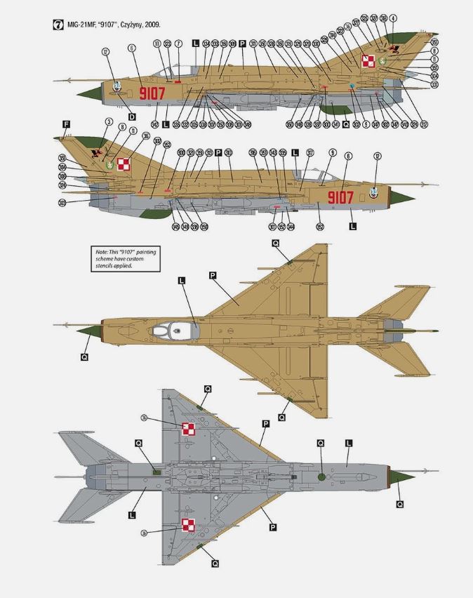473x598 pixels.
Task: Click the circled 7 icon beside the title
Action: pos(58,25)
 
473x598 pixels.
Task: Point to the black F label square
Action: pos(66,124)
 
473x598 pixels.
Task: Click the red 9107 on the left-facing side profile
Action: pos(152,93)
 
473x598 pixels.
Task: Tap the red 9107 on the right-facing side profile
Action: pos(341,198)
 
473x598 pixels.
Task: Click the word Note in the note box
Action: pos(102,251)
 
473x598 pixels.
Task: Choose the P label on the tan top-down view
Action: pos(212,276)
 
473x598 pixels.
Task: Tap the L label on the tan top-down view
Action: pos(182,281)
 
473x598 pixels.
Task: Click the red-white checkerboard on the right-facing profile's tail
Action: pos(124,166)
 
